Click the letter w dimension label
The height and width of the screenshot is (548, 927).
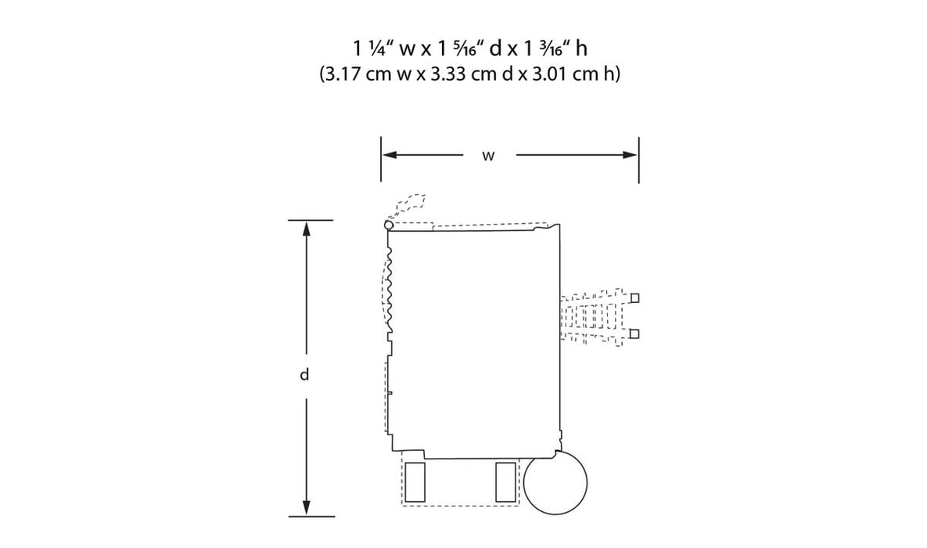point(487,157)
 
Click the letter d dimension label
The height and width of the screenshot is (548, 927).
point(304,375)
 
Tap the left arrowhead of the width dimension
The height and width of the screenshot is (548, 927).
point(389,155)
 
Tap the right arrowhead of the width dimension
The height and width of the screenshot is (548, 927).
point(631,155)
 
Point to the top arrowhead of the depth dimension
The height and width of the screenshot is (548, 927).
point(306,229)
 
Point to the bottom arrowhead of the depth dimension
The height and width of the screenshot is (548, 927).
point(306,508)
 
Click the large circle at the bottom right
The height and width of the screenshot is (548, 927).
point(555,482)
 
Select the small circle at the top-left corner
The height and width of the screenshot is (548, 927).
point(389,225)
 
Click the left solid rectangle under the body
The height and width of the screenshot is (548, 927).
point(415,482)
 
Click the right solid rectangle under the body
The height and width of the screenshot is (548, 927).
point(505,482)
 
